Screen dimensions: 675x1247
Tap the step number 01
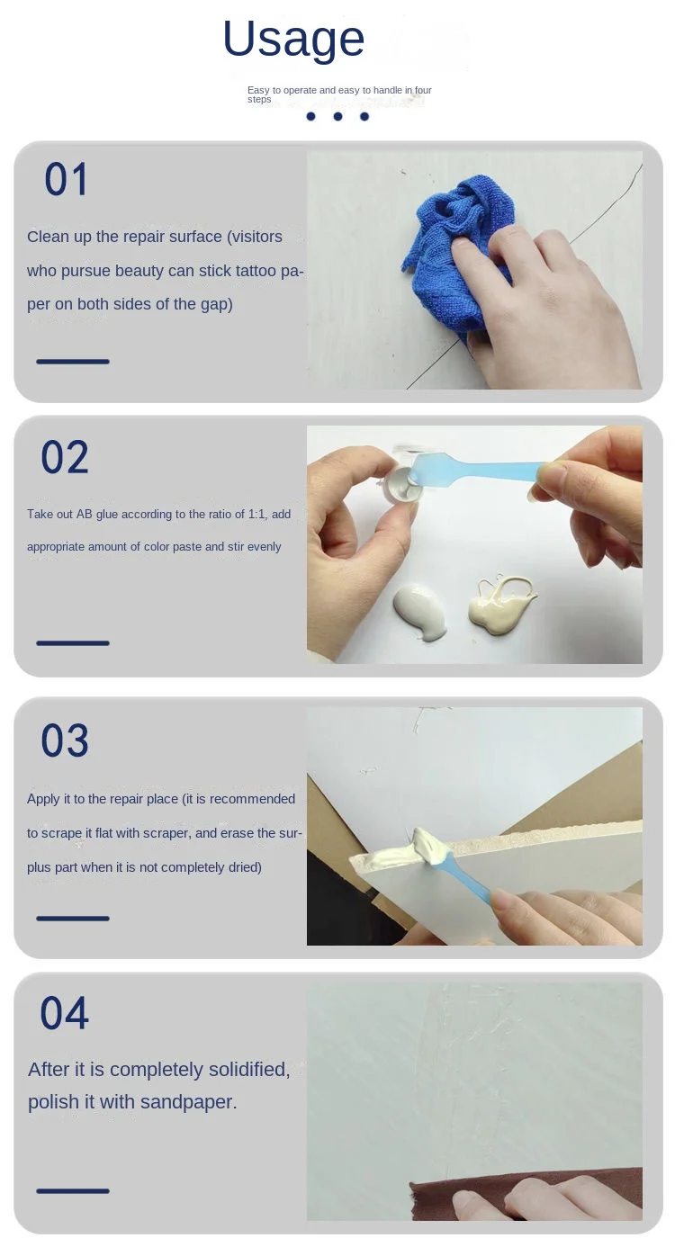coord(67,179)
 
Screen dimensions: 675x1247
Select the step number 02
coord(65,457)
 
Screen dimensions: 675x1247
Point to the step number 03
coord(65,740)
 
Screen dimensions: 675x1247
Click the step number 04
coord(65,1013)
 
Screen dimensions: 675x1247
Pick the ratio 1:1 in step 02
coord(256,515)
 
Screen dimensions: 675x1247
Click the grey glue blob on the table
coord(419,612)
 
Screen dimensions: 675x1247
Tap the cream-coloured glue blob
coord(500,606)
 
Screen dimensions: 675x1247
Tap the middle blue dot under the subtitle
coord(337,116)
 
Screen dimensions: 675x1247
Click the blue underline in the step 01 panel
coord(72,362)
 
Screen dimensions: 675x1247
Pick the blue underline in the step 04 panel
coord(72,1191)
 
